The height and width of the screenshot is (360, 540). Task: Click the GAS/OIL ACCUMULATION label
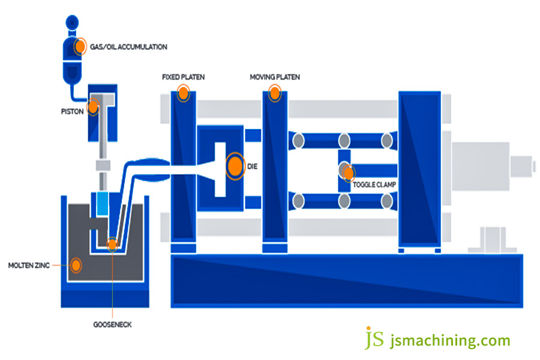point(129,47)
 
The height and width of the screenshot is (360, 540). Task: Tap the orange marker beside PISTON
point(93,107)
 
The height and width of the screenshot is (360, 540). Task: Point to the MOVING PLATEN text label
point(275,77)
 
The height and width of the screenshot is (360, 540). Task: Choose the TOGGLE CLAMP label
point(374,184)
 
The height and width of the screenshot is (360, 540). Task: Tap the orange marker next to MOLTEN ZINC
point(76,265)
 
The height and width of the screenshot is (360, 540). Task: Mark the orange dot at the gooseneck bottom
point(112,244)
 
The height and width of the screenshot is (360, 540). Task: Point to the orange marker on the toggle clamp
point(347,173)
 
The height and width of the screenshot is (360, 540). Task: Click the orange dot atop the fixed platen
point(183,93)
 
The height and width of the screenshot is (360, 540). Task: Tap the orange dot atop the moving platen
point(275,92)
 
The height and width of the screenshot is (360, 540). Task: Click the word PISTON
point(71,111)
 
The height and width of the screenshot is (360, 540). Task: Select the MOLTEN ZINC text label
point(29,265)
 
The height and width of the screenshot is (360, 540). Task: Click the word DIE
point(252,166)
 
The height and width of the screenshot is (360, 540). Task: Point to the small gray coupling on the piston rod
point(103,165)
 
